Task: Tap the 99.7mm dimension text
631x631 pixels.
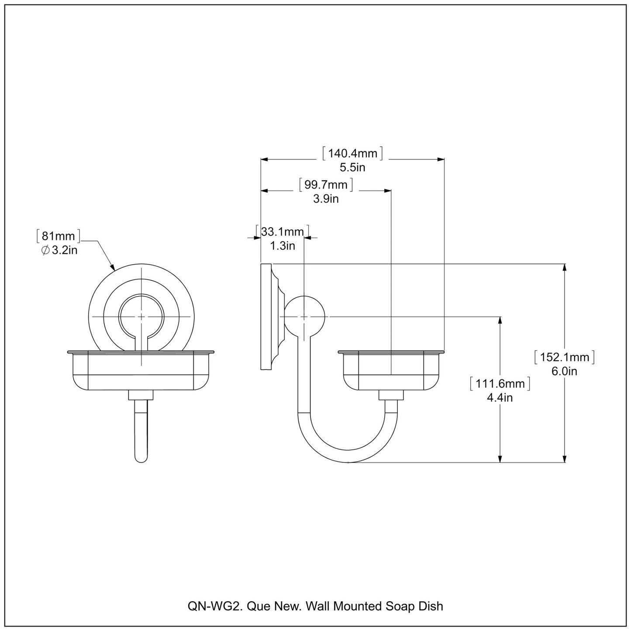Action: [326, 185]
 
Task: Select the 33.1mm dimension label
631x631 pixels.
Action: [282, 231]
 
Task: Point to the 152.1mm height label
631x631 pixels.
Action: [565, 357]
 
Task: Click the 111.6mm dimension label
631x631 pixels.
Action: [500, 384]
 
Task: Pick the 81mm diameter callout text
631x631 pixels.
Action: [59, 236]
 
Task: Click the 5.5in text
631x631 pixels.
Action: [352, 167]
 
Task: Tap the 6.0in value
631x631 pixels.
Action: [565, 371]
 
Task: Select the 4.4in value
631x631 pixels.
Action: [500, 398]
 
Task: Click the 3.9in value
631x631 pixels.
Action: [326, 199]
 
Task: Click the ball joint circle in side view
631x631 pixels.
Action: [304, 316]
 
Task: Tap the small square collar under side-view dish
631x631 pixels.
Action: [390, 395]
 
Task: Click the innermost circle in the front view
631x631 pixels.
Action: [141, 316]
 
